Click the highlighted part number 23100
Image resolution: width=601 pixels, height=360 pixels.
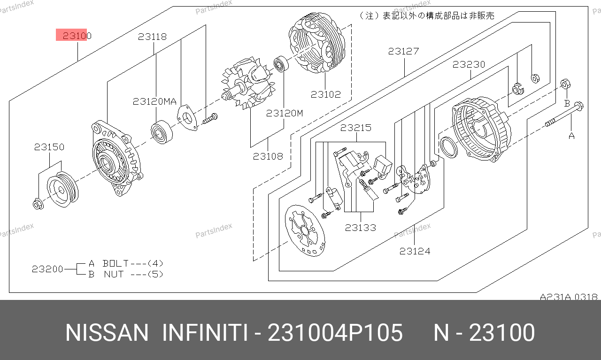pos(77,35)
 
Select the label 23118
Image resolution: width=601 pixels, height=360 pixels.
pos(153,37)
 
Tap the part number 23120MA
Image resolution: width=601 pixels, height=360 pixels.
pos(155,101)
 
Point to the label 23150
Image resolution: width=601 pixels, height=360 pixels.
pos(49,147)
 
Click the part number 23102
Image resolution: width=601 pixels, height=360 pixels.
pos(326,94)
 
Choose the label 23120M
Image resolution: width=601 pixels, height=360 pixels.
pos(285,113)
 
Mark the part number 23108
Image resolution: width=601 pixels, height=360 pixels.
pos(268,156)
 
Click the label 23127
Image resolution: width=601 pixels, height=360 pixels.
pos(403,51)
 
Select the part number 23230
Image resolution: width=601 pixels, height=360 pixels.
pos(469,64)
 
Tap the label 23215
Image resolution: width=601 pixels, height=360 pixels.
pos(356,128)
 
